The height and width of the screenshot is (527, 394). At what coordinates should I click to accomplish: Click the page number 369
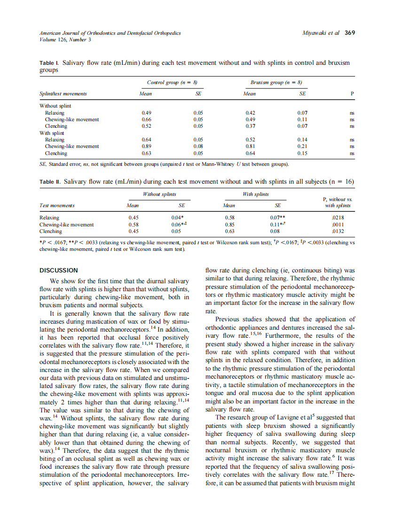[349, 33]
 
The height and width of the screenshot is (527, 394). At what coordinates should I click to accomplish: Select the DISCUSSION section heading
[59, 270]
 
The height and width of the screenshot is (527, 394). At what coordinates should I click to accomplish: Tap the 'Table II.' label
[50, 181]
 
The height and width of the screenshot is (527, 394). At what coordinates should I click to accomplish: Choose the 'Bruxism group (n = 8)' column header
[276, 82]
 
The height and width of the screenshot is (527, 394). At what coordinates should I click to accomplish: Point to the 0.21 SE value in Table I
[302, 146]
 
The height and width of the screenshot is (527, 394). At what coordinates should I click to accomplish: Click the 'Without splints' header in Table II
[159, 194]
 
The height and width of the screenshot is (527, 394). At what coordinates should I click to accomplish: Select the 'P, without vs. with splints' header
[338, 202]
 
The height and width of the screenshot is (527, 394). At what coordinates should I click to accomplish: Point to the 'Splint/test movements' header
[63, 93]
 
